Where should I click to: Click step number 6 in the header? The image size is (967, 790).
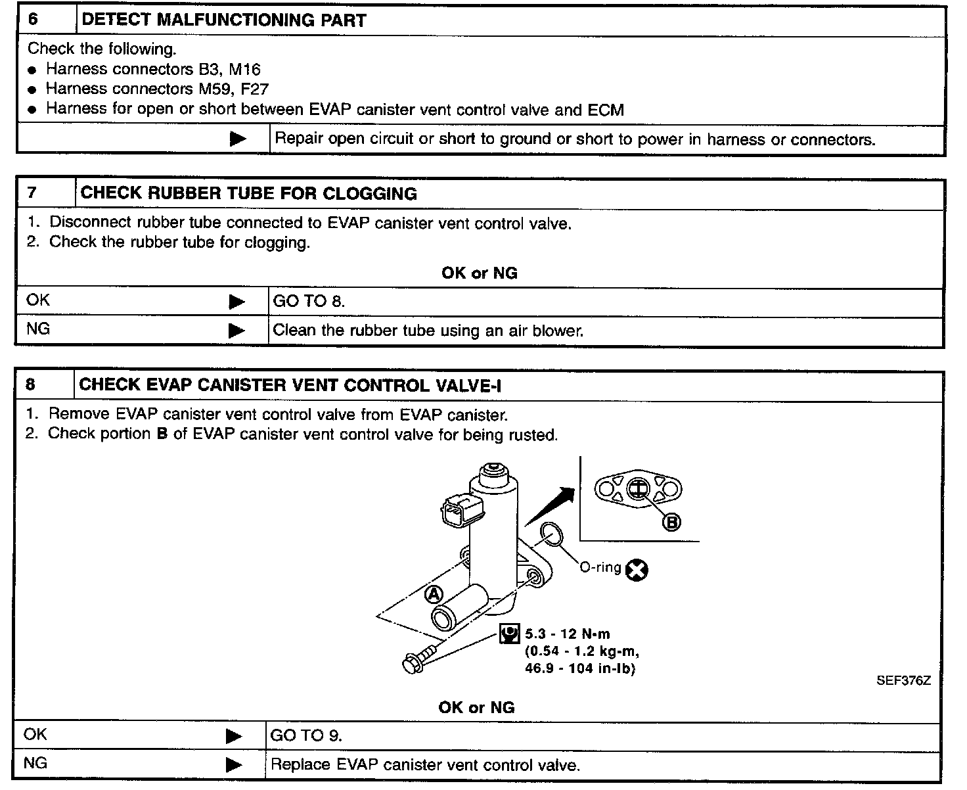[x=34, y=19]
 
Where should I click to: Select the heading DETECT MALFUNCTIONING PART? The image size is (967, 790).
[x=223, y=20]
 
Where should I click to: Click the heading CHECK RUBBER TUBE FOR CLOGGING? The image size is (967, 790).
[x=248, y=193]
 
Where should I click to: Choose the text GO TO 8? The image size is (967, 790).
[x=309, y=302]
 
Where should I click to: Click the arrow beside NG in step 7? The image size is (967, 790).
[x=236, y=331]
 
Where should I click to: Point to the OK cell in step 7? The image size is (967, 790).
[x=38, y=300]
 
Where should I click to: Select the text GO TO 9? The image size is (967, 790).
[x=306, y=735]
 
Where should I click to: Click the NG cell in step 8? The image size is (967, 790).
[x=35, y=764]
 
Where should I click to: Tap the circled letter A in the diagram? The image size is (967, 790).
[x=434, y=594]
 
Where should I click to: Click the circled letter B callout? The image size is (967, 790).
[x=671, y=522]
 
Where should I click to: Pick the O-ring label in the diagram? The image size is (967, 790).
[x=600, y=567]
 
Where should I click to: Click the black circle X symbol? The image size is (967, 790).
[x=636, y=570]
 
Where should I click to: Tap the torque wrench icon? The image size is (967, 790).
[x=509, y=634]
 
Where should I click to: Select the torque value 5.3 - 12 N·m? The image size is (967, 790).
[x=568, y=634]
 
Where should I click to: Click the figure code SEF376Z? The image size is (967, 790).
[x=903, y=681]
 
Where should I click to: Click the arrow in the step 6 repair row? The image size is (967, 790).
[x=238, y=139]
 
